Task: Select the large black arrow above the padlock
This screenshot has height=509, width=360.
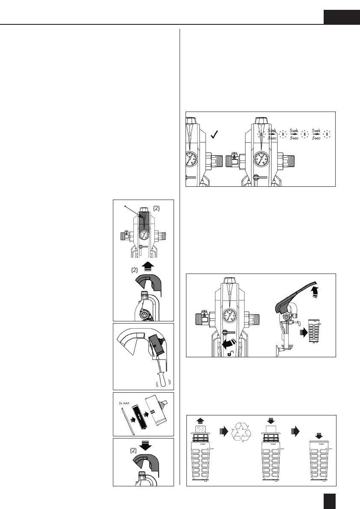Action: tap(227, 342)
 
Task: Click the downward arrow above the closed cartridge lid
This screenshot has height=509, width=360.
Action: tap(318, 434)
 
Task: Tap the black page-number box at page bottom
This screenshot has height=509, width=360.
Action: tap(330, 500)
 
